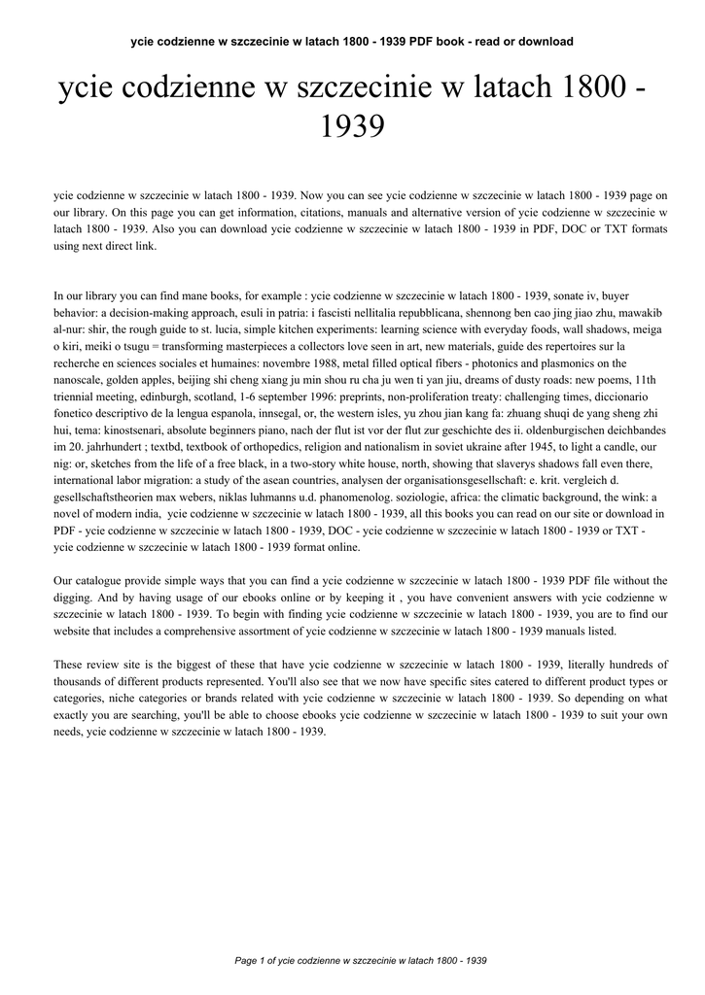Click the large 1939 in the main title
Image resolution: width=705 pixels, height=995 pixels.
coord(352,126)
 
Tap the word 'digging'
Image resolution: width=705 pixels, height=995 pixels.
coord(76,598)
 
